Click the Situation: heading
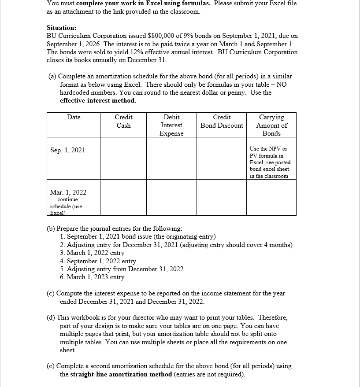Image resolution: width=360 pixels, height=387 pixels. pyautogui.click(x=61, y=27)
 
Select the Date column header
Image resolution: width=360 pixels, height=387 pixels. pyautogui.click(x=74, y=117)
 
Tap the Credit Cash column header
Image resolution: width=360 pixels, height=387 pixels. pyautogui.click(x=123, y=121)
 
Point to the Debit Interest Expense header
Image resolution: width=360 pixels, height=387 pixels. pyautogui.click(x=171, y=125)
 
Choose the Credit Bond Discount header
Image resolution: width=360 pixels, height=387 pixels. pyautogui.click(x=222, y=121)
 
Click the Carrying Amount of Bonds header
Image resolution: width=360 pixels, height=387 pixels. pyautogui.click(x=271, y=125)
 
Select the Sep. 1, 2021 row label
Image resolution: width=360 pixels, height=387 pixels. pyautogui.click(x=68, y=150)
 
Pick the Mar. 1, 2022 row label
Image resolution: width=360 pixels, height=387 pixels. pyautogui.click(x=68, y=192)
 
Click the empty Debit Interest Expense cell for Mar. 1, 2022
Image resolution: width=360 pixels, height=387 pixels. pyautogui.click(x=171, y=198)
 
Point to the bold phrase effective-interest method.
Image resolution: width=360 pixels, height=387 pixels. pyautogui.click(x=98, y=100)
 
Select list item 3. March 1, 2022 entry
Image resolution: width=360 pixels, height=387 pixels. pyautogui.click(x=92, y=253)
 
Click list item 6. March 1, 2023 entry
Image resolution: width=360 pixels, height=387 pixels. pyautogui.click(x=92, y=277)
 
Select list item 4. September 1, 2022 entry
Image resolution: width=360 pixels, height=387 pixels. pyautogui.click(x=98, y=261)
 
